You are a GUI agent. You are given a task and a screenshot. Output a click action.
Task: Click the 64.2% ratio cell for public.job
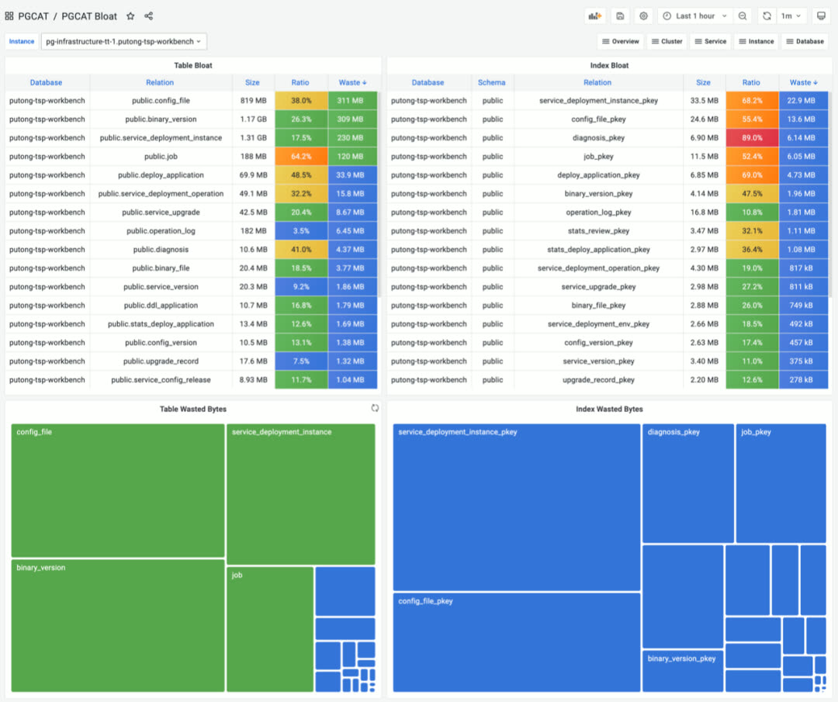301,157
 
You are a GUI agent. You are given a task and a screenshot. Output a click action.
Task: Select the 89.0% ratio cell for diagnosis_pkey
751,138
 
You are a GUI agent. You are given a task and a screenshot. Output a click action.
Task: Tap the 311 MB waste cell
352,101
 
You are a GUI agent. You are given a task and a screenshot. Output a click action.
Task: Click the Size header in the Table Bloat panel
253,82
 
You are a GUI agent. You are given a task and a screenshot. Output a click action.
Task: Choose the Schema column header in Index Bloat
492,82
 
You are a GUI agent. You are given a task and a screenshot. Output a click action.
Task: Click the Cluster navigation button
667,41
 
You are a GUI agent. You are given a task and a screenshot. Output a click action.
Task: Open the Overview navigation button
620,41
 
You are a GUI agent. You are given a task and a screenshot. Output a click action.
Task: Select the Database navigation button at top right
805,41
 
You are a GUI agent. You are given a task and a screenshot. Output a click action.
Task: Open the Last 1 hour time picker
694,16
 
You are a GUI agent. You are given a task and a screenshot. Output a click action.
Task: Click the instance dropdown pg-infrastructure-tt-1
123,41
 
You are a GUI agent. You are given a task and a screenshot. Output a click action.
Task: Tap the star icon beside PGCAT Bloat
130,16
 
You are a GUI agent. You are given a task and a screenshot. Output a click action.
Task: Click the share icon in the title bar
149,16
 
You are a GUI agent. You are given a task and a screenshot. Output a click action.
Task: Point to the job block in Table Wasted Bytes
270,629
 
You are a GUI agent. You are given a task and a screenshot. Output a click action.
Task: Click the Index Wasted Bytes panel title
609,409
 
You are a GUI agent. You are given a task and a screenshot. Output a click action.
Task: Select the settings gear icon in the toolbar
643,16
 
